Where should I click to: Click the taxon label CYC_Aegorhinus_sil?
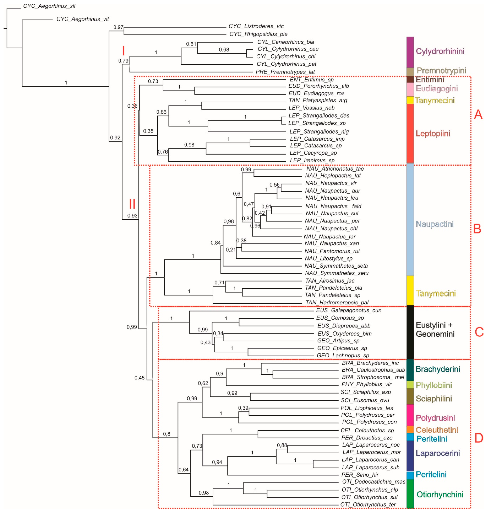49,6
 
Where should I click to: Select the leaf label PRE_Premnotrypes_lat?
285,72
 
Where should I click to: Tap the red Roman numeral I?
124,51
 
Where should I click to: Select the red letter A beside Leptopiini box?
478,114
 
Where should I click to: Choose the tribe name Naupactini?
435,224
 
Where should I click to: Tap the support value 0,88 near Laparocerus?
282,445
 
